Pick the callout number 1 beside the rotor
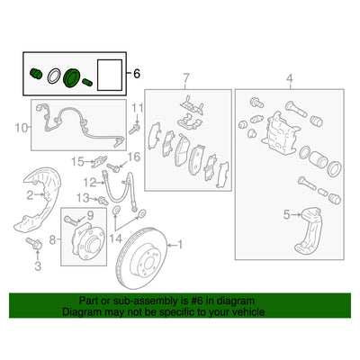click(178, 244)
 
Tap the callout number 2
click(29, 193)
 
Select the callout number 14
click(114, 241)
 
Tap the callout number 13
click(81, 197)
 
